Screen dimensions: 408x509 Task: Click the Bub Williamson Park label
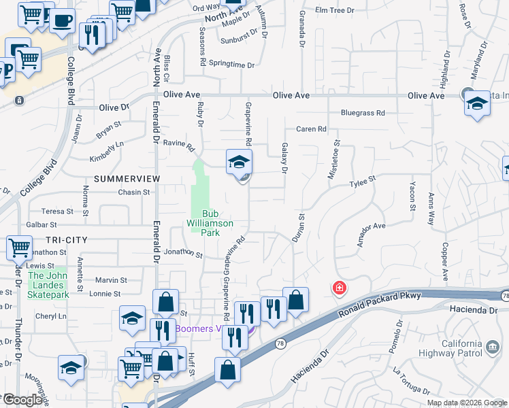point(211,223)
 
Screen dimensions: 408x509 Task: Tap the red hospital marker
point(339,288)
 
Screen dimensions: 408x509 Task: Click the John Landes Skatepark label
point(48,286)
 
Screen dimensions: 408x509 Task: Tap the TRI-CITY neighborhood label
point(67,240)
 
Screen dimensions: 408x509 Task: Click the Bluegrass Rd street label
point(363,113)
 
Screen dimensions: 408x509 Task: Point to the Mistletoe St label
point(335,160)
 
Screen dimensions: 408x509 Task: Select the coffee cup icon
point(62,19)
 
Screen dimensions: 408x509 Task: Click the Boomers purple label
point(201,328)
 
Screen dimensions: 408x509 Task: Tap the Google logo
point(22,400)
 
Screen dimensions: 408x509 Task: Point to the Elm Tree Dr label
point(335,10)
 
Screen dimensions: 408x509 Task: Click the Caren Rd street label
point(311,129)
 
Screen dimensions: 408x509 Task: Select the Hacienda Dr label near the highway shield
point(472,309)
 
